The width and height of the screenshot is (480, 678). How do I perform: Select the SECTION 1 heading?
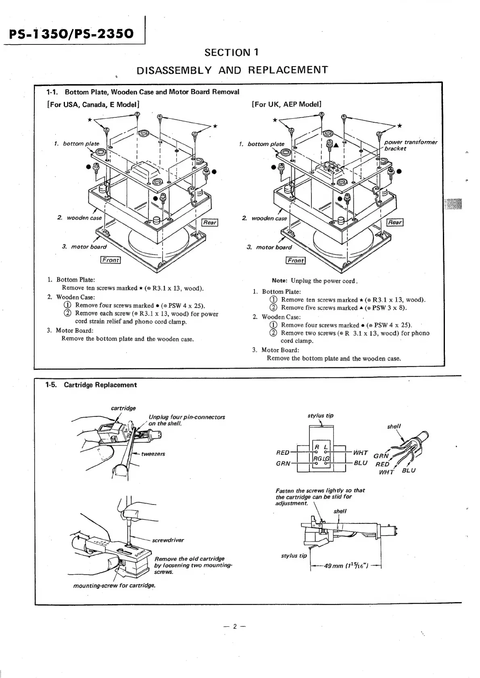pos(232,52)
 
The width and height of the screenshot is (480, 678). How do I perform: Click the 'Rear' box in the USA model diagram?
pos(210,222)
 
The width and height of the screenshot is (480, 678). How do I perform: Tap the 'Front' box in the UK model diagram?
pos(295,260)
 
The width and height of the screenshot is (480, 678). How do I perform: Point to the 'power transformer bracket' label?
pos(410,145)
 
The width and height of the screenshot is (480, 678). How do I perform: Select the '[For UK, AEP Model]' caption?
pos(286,104)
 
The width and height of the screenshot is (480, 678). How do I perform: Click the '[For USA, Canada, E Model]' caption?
pos(93,104)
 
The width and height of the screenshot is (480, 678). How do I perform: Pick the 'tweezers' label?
pos(153,454)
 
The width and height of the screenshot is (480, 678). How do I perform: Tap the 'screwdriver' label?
pos(168,540)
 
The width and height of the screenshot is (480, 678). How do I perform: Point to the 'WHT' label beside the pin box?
pos(360,453)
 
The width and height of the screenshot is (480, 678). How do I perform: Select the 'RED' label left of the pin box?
pos(283,453)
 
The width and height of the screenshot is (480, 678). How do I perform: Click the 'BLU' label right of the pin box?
pos(360,463)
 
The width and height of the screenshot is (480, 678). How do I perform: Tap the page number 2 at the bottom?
pos(234,627)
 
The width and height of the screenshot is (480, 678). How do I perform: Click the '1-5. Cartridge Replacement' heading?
pos(91,385)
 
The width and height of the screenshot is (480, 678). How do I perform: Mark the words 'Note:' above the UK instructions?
pos(280,281)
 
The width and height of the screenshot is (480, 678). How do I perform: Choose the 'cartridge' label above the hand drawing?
pos(123,408)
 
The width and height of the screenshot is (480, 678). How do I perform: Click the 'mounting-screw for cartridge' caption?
pos(115,586)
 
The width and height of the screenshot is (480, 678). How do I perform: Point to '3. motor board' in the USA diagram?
pos(85,247)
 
